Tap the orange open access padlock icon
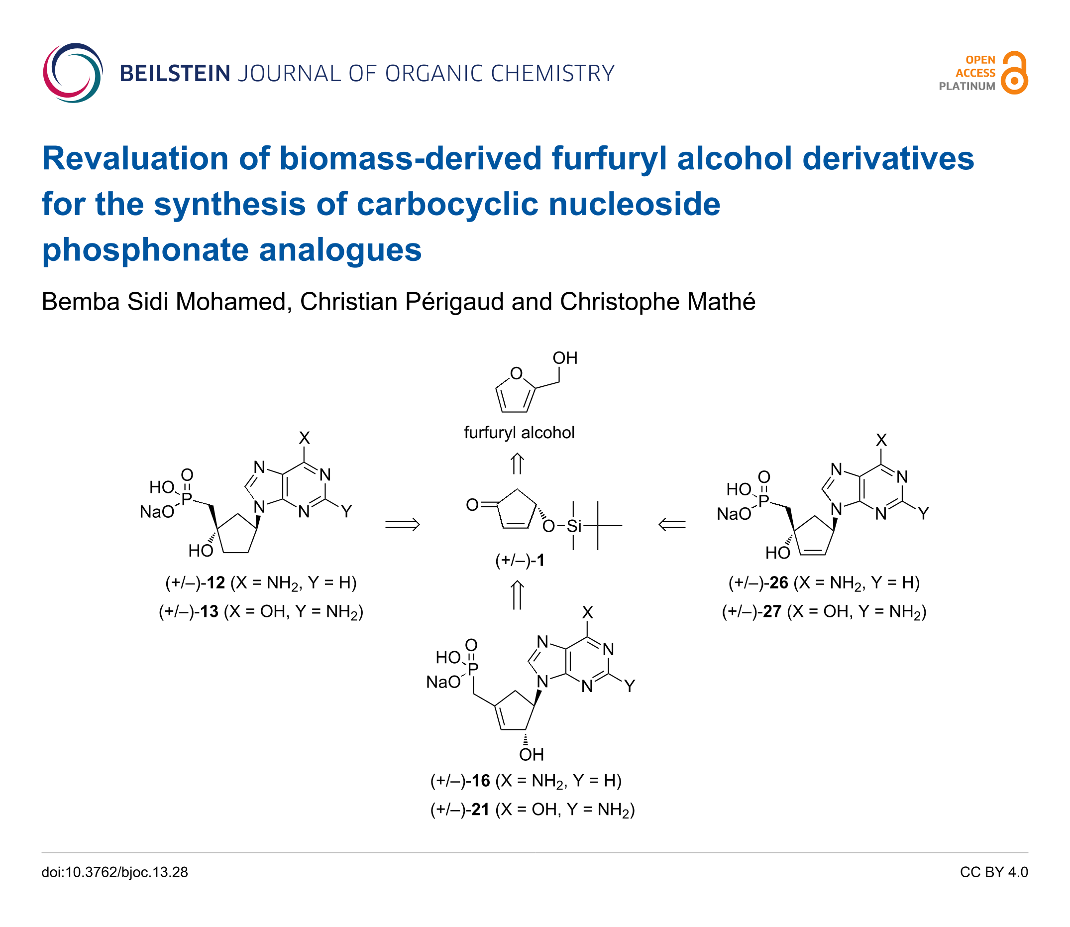1014,73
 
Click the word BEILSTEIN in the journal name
175,74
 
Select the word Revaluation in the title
135,158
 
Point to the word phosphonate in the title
145,250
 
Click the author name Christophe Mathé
657,302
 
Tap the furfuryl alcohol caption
519,433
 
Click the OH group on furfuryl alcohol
565,358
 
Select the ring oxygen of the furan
516,373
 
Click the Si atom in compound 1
574,526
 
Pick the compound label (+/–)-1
520,560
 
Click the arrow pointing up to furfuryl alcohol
517,463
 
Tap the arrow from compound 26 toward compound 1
672,525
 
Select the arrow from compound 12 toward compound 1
402,525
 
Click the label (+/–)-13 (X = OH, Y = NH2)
261,612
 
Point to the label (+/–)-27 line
824,612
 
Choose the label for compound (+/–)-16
526,781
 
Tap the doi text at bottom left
114,872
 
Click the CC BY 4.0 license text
993,872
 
